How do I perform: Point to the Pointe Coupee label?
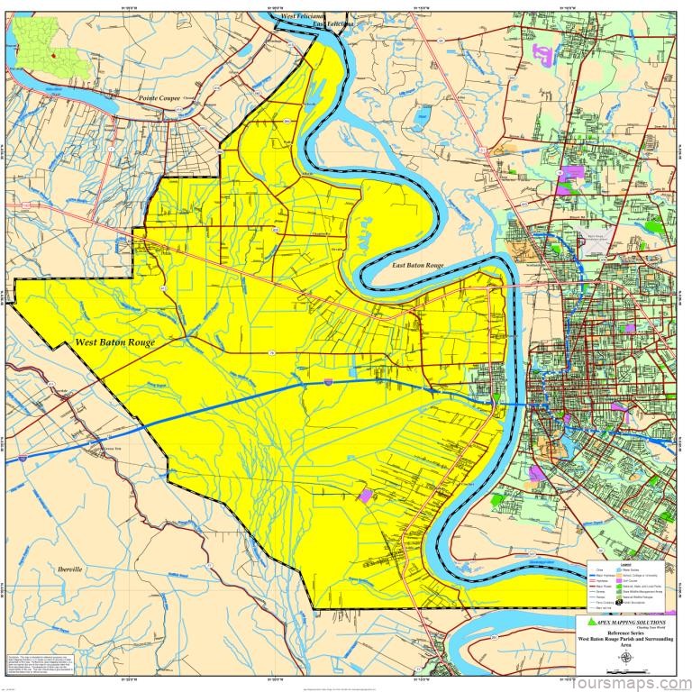(160, 95)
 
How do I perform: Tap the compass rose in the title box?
(626, 656)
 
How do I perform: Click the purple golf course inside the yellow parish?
(366, 494)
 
